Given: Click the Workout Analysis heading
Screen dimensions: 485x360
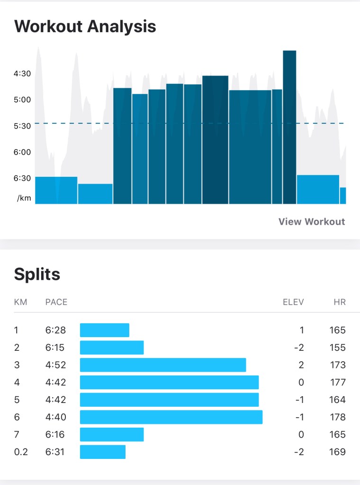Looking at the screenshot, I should tap(85, 26).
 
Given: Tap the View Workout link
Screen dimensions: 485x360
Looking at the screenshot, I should tap(312, 221).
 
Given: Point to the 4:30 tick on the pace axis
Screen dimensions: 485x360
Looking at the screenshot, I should tap(22, 73).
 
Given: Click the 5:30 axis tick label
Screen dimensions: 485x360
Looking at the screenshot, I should tap(22, 126).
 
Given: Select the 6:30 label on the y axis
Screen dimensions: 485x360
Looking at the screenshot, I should tap(22, 178).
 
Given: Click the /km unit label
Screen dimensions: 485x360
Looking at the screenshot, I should tap(24, 198).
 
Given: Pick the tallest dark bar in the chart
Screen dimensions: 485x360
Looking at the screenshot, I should tap(289, 127).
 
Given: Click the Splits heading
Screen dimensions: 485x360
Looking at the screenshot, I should tap(37, 274).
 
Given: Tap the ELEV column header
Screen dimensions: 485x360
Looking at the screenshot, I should tap(293, 302).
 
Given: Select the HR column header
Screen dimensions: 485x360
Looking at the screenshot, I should tap(340, 302).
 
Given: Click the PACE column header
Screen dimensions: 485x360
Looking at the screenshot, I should tap(56, 302).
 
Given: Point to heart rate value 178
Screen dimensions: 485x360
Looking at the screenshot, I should tap(337, 417).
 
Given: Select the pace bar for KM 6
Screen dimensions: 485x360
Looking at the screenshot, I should tap(171, 417).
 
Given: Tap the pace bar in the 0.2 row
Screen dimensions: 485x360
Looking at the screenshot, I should tap(103, 452).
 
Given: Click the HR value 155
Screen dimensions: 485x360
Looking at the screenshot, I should tap(337, 348).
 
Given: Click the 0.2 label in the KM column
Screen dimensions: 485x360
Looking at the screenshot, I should tap(20, 452).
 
